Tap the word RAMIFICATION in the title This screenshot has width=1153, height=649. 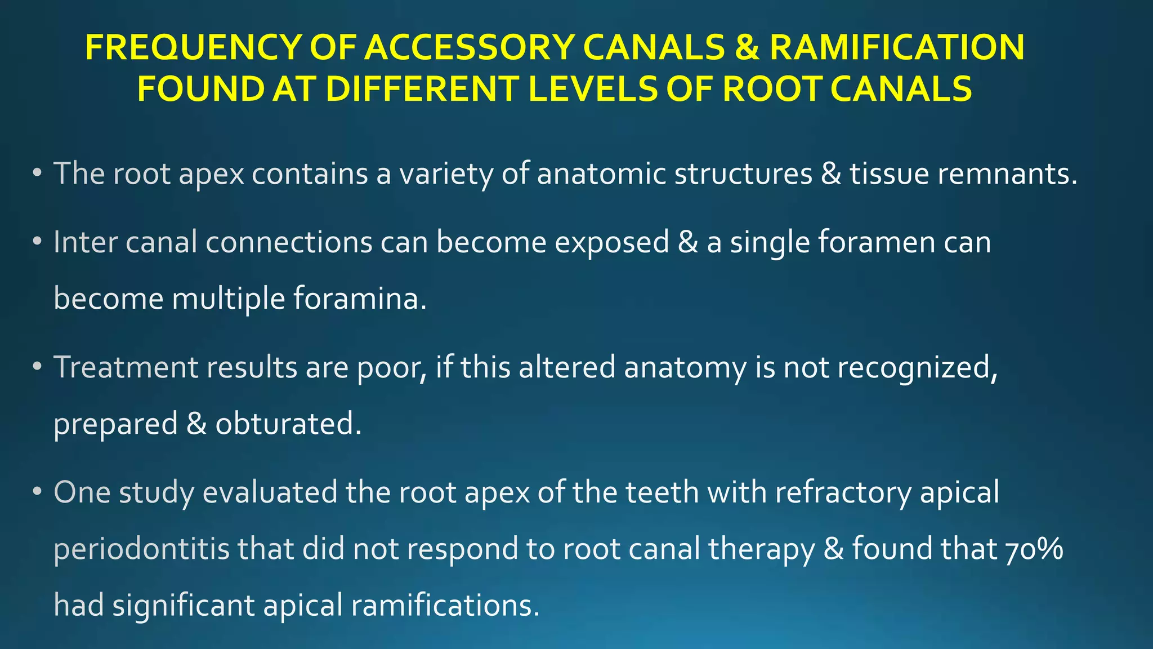[x=896, y=47]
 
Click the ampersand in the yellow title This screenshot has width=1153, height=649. [x=747, y=47]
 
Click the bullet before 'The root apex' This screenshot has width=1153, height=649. [x=37, y=174]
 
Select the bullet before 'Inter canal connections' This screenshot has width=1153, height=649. [x=37, y=242]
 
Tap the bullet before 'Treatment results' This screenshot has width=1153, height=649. [x=37, y=367]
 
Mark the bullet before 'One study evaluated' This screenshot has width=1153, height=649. [x=37, y=492]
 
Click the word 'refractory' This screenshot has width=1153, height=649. [x=843, y=492]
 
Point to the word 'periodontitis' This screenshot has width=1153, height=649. [x=142, y=549]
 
